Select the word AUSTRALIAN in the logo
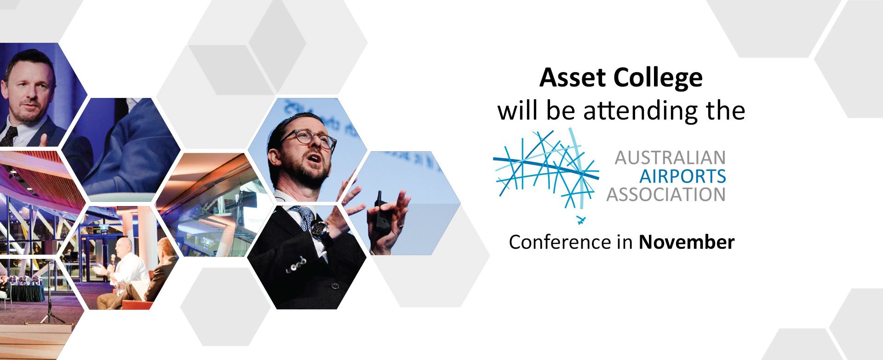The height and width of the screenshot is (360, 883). tap(670, 158)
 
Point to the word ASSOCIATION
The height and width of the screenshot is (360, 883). tap(666, 194)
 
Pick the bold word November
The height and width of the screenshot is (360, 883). tap(687, 242)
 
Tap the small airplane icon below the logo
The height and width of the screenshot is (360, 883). tap(580, 219)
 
